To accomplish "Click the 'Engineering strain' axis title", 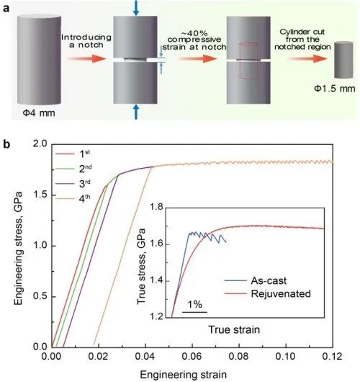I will (192, 373).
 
